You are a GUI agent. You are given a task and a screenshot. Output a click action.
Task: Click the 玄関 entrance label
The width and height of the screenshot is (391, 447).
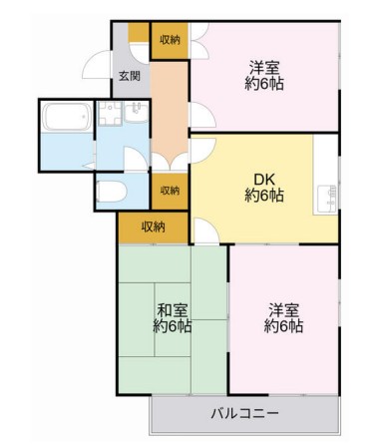[129, 75]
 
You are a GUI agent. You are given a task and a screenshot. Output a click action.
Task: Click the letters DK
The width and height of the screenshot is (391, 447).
[263, 180]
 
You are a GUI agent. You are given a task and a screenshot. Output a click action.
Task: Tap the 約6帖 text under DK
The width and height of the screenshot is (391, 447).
[263, 197]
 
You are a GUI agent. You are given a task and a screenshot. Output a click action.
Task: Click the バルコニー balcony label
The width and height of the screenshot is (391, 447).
[244, 413]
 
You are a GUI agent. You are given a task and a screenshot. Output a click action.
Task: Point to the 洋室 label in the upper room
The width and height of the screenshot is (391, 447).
[264, 68]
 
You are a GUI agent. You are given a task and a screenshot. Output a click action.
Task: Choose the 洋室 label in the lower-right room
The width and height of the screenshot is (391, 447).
[283, 309]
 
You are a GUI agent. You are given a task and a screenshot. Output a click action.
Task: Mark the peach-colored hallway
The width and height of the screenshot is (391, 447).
[169, 110]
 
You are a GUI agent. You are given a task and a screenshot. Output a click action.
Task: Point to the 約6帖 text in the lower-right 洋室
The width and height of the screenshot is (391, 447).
[283, 326]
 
